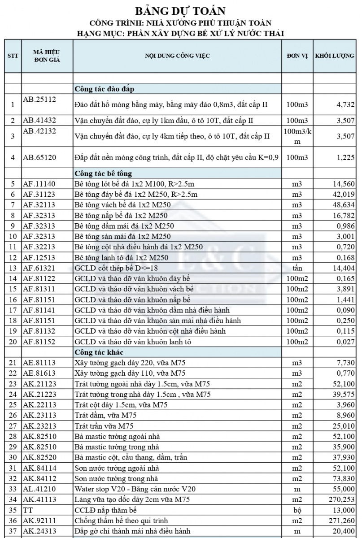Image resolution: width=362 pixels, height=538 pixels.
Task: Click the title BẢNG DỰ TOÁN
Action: click(180, 11)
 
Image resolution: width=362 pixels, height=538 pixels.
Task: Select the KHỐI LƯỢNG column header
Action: click(335, 56)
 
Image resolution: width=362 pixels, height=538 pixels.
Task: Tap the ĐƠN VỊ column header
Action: click(297, 56)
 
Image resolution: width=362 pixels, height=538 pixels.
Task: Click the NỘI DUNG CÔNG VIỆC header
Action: click(177, 56)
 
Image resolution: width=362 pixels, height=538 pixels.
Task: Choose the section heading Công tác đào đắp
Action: click(104, 89)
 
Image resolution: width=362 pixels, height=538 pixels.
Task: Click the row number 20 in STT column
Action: click(13, 342)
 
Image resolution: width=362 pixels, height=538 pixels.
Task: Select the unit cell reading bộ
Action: click(297, 510)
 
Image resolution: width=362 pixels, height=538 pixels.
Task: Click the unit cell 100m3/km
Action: click(297, 136)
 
